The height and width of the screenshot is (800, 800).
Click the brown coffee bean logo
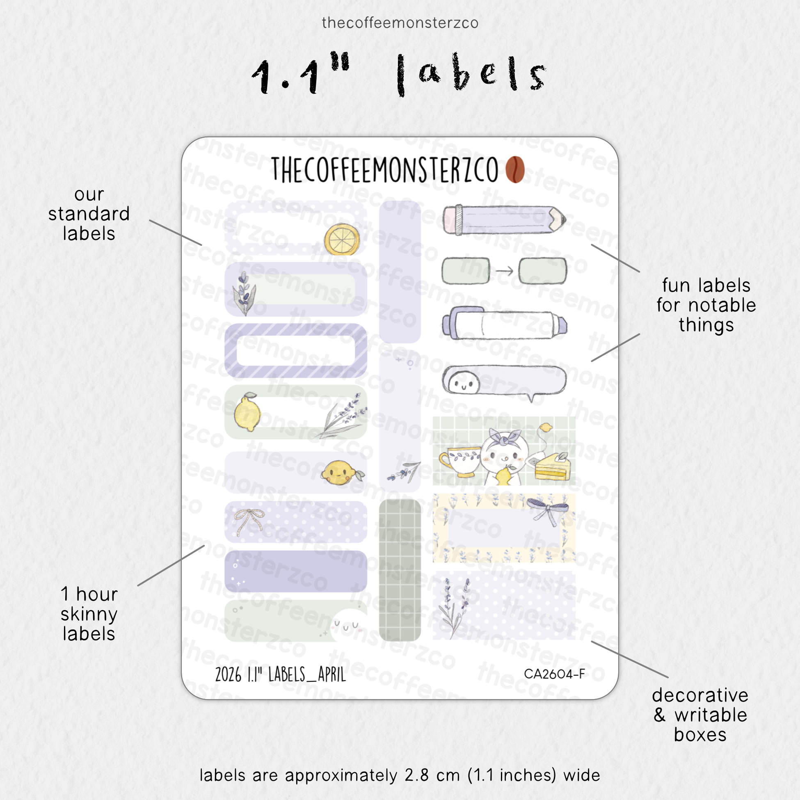pyautogui.click(x=515, y=169)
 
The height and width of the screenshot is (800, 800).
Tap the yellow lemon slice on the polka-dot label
pyautogui.click(x=342, y=239)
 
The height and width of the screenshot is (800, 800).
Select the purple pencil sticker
pyautogui.click(x=504, y=219)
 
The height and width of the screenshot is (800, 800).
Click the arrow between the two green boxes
pyautogui.click(x=504, y=271)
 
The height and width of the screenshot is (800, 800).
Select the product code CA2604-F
pyautogui.click(x=554, y=674)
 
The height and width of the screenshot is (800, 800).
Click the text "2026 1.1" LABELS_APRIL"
pyautogui.click(x=280, y=674)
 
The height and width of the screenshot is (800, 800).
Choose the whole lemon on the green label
pyautogui.click(x=247, y=412)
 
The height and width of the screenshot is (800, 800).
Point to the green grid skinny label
pyautogui.click(x=400, y=570)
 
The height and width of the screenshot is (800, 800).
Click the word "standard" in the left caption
pyautogui.click(x=89, y=214)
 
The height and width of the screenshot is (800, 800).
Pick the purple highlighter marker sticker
pyautogui.click(x=504, y=325)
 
